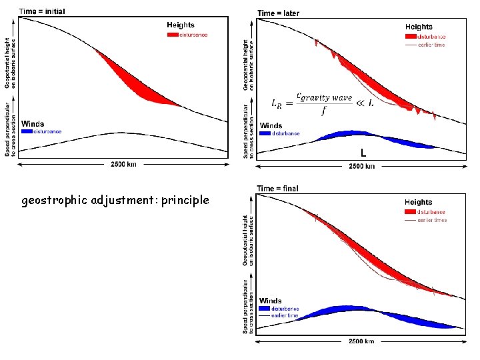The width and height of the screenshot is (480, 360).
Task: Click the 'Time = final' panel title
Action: (x=278, y=189)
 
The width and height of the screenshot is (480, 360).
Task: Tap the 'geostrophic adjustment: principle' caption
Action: (x=115, y=200)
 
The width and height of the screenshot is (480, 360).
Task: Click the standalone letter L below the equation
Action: (x=363, y=153)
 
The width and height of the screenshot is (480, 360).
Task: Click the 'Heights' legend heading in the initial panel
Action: (x=181, y=25)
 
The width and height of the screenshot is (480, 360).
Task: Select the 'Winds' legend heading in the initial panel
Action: (x=33, y=123)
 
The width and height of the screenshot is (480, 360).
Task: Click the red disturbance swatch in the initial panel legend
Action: (x=172, y=34)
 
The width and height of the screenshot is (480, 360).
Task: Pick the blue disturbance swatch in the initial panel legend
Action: (x=27, y=131)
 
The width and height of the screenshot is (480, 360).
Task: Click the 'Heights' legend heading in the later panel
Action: (x=418, y=27)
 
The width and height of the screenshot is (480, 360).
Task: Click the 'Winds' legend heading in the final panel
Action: (x=271, y=301)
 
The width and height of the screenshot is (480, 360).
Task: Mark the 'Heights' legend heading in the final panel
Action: (x=418, y=202)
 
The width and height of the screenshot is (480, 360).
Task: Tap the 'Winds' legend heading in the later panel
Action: (x=271, y=125)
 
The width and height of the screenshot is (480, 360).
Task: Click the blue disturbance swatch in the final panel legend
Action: (x=265, y=309)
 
